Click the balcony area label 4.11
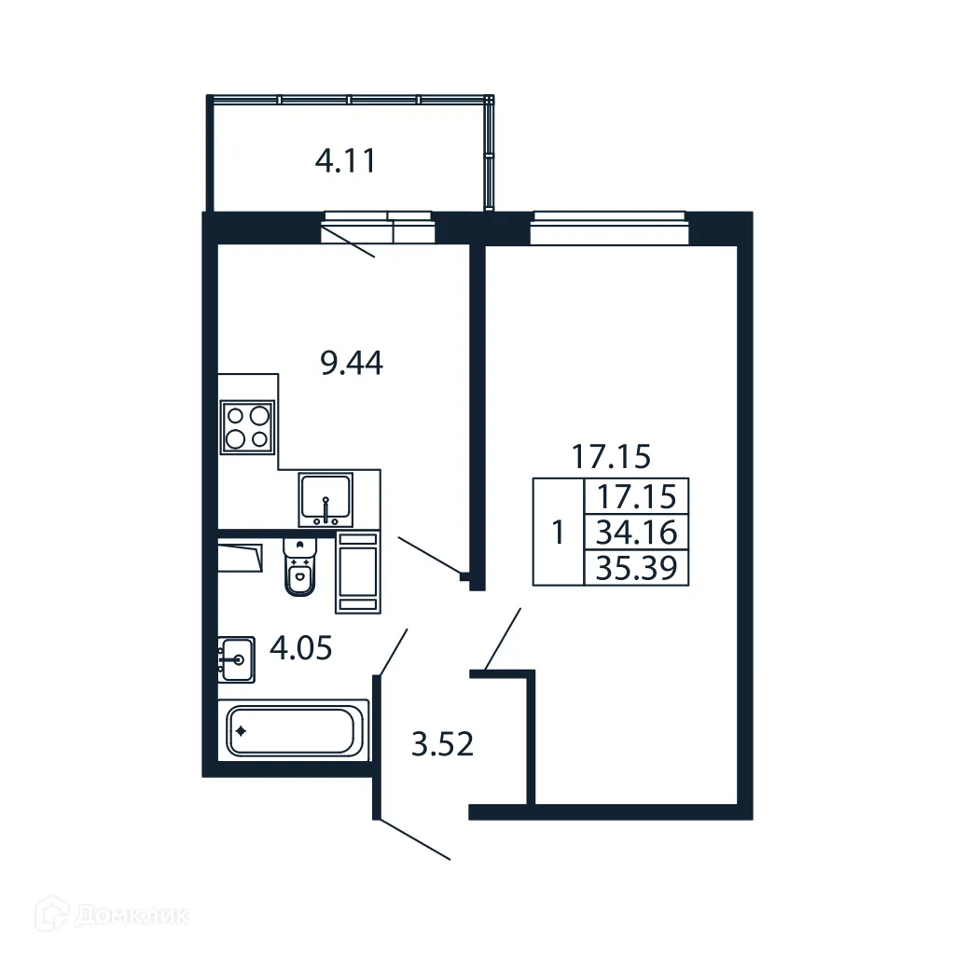coord(345,162)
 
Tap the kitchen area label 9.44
coord(352,363)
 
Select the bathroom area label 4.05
coord(299,646)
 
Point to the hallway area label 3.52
coord(443,744)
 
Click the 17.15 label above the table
coord(610,457)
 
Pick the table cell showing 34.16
coord(636,533)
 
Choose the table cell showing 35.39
coord(636,567)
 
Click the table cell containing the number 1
coord(558,533)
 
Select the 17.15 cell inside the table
coord(636,495)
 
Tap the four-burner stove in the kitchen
coord(248,426)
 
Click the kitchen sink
coord(325,500)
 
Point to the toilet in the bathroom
coord(299,569)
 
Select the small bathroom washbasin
coord(236,660)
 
